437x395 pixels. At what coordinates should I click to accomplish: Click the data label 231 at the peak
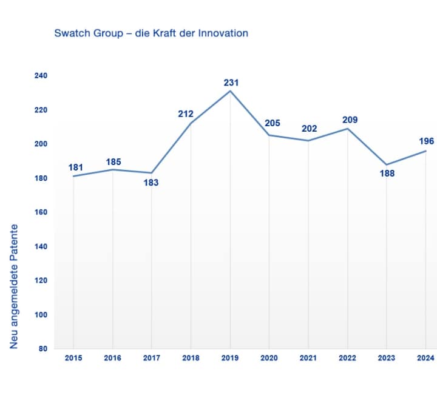click(x=231, y=83)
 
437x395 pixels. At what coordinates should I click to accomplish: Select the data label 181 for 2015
click(x=76, y=167)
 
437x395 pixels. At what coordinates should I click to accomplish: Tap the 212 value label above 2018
click(x=186, y=113)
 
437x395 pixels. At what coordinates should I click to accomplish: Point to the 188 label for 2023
click(x=387, y=174)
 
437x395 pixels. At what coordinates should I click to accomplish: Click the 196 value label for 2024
click(x=427, y=141)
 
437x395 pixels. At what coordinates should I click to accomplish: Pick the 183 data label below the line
click(x=151, y=182)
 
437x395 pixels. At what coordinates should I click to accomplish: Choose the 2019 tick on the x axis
click(x=231, y=358)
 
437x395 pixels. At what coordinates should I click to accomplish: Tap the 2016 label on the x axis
click(x=112, y=358)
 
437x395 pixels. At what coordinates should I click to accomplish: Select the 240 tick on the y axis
click(x=41, y=75)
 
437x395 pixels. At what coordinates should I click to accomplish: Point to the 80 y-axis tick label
click(x=44, y=349)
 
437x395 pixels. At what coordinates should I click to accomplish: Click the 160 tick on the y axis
click(x=41, y=212)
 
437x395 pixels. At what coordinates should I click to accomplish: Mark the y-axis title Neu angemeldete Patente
click(x=14, y=286)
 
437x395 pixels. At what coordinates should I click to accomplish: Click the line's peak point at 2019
click(x=231, y=90)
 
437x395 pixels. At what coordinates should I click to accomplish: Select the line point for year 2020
click(x=269, y=135)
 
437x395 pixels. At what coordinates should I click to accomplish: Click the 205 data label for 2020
click(x=273, y=123)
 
